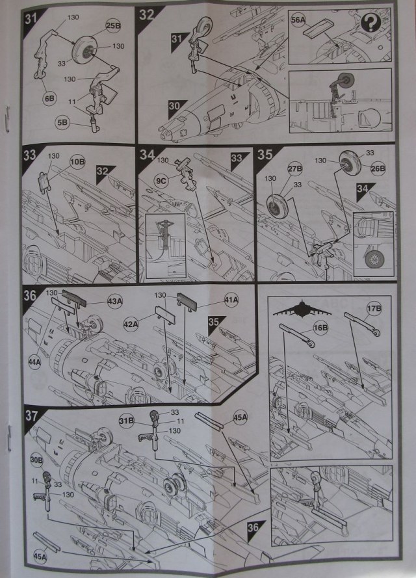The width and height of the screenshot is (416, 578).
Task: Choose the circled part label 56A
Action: tap(298, 21)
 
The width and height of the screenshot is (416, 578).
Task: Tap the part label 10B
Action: tap(77, 161)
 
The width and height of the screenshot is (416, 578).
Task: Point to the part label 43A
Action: tap(114, 302)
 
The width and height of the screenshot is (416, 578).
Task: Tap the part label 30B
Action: tap(36, 460)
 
